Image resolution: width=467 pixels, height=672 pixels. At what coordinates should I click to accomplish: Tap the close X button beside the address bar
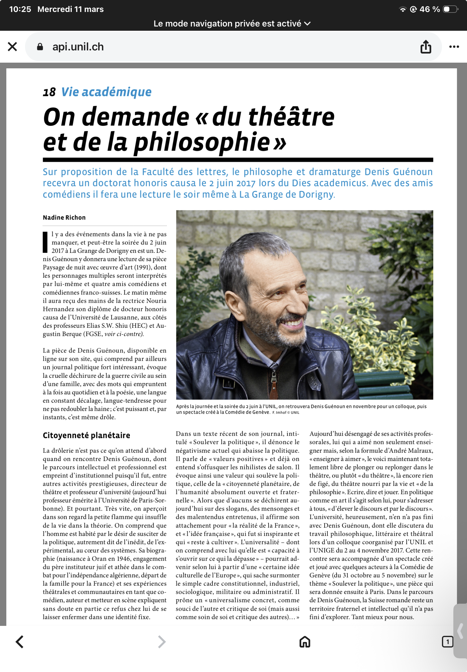click(x=12, y=47)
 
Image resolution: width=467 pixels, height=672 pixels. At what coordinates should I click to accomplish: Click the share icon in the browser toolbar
click(x=426, y=47)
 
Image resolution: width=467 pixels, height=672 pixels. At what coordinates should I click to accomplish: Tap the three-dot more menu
click(x=454, y=47)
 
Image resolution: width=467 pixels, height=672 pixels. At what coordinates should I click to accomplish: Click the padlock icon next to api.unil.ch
click(x=40, y=47)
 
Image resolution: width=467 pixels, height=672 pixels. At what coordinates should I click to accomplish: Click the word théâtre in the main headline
click(x=291, y=117)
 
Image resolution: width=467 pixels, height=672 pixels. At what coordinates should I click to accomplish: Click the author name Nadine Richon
click(x=64, y=218)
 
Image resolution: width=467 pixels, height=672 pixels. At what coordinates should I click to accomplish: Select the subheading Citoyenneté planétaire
click(x=86, y=435)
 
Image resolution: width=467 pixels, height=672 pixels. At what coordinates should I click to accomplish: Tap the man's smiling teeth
click(x=293, y=323)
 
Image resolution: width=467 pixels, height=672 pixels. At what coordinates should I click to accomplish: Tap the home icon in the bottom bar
click(x=305, y=642)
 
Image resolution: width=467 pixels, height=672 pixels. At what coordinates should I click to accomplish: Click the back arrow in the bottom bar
click(x=20, y=642)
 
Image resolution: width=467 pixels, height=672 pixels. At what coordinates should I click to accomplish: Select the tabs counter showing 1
click(x=447, y=642)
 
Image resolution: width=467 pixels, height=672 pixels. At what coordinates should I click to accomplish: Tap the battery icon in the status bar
click(x=450, y=9)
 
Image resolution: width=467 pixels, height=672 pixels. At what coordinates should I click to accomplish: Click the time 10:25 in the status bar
click(x=20, y=9)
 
